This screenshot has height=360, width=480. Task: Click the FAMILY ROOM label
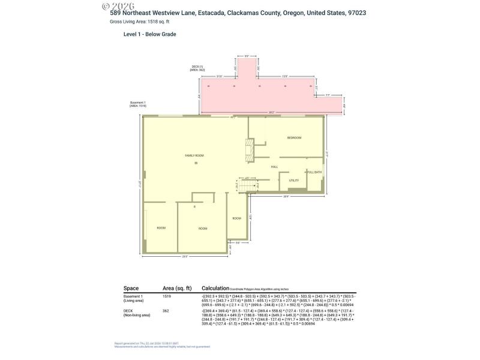[194, 155]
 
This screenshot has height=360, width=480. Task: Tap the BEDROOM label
[294, 138]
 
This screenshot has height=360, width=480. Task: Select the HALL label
[274, 166]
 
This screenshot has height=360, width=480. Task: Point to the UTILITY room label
[294, 180]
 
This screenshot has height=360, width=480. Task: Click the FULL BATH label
[314, 172]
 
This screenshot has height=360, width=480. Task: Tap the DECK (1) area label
[197, 68]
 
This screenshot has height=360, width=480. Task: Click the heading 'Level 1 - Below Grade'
[149, 34]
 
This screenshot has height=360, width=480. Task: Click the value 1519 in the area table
[167, 296]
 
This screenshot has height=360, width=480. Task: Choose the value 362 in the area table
[166, 310]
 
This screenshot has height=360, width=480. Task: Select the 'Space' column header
[131, 288]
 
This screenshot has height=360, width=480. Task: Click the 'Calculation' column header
[217, 288]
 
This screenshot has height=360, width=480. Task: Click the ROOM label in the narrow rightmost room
[236, 218]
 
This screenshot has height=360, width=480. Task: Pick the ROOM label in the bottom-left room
[161, 228]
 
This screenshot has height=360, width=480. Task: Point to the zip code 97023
[357, 13]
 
